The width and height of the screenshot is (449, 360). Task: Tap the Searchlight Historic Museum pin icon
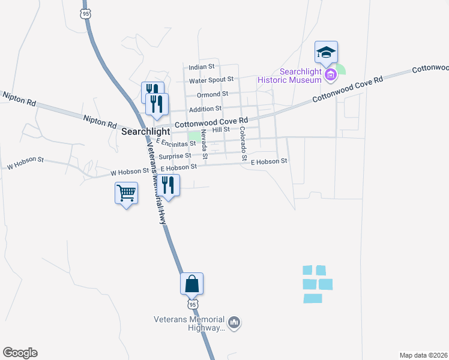[x=330, y=75]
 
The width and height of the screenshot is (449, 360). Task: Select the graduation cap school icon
[x=326, y=52]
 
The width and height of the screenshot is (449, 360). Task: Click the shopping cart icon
[x=126, y=194]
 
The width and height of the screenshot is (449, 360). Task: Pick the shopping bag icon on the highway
[x=191, y=283]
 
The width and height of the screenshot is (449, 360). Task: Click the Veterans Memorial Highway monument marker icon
[x=234, y=323]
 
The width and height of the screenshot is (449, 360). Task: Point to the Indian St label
[x=202, y=67]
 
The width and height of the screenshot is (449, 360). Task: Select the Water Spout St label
[x=211, y=80]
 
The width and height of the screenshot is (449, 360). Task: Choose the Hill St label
[x=221, y=129]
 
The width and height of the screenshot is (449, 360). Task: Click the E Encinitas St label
[x=176, y=143]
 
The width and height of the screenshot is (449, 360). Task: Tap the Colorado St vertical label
[x=243, y=144]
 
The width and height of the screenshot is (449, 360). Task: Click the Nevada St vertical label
[x=204, y=144]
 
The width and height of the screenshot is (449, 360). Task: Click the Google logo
[x=20, y=353]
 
